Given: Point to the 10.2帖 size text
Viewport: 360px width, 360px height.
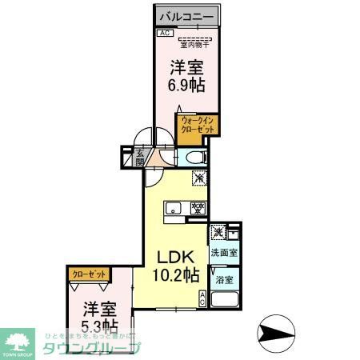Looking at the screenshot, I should coord(176,277).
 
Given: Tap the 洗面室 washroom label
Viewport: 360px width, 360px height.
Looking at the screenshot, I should coord(224,253).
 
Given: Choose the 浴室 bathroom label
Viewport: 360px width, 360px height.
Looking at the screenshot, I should coord(224,280).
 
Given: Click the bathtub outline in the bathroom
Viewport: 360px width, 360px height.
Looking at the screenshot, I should coord(226,302).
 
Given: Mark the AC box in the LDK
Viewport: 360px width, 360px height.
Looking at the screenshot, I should coord(202,299).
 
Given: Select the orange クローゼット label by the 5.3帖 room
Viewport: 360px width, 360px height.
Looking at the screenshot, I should coord(89,274).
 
